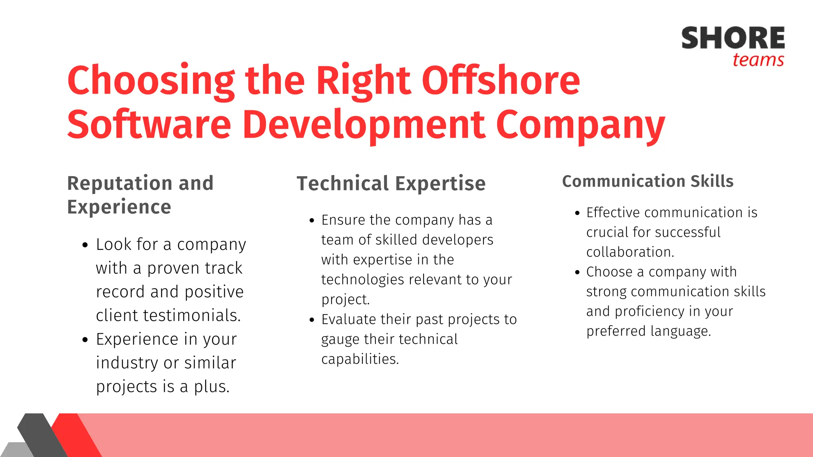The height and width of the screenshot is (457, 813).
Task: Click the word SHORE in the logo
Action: click(733, 38)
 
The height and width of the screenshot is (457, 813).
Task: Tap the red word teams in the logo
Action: click(758, 60)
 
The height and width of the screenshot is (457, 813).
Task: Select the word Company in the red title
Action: click(580, 125)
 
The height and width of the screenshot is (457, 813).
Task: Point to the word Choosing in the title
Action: click(151, 81)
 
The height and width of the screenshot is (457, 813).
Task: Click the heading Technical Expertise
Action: click(391, 184)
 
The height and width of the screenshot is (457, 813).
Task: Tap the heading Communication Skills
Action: click(647, 181)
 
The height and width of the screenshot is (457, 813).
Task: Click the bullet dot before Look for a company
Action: click(85, 245)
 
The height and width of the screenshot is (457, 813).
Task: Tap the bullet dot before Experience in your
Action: click(85, 340)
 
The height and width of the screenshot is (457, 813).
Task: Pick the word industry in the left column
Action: click(127, 363)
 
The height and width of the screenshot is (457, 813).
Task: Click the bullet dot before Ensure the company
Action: click(312, 221)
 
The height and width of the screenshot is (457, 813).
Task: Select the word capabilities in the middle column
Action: click(359, 359)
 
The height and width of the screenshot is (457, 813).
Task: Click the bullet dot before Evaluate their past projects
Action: click(312, 320)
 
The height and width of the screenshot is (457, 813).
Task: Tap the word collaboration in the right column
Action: click(630, 252)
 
